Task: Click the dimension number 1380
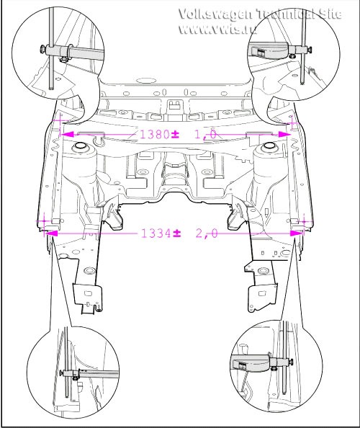(154, 134)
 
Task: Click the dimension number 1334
(156, 233)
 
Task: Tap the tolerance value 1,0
(205, 135)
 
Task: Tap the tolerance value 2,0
(207, 233)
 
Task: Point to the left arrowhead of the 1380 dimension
(67, 134)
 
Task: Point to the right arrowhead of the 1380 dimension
(284, 134)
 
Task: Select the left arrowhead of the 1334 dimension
(52, 233)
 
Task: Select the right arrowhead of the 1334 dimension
(297, 233)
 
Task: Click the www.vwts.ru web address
(217, 29)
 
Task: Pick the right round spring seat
(269, 146)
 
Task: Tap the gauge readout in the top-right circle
(260, 52)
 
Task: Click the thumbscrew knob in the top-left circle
(42, 49)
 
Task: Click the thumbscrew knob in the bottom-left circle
(60, 373)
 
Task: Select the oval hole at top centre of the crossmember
(145, 81)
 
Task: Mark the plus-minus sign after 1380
(175, 134)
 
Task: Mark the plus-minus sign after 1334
(176, 233)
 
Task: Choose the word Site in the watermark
(330, 14)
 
